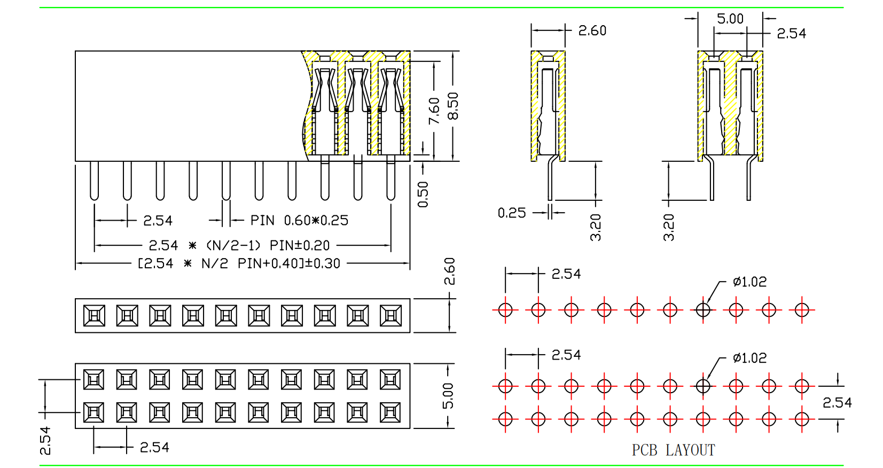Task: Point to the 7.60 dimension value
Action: [x=434, y=111]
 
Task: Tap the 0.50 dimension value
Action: [x=423, y=194]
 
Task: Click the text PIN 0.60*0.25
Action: [x=299, y=221]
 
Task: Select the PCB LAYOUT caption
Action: [x=673, y=450]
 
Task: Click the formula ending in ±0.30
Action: [x=239, y=263]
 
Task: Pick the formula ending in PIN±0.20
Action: [x=239, y=246]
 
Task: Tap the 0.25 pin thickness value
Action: [x=512, y=213]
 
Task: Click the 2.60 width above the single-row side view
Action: [x=592, y=31]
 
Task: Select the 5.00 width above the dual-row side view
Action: [x=730, y=19]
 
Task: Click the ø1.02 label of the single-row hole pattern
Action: [x=750, y=282]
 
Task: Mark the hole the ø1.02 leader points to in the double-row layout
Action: [x=703, y=386]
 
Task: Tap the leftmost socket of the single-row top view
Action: [x=95, y=316]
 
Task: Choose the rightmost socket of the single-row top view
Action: [x=390, y=316]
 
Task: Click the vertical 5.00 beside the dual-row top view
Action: [x=448, y=396]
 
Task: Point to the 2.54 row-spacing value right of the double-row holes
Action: [x=837, y=403]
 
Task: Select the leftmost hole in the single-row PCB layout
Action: [x=505, y=309]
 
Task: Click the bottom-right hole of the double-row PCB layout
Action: [x=802, y=419]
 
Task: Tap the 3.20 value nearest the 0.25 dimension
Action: [x=596, y=228]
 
